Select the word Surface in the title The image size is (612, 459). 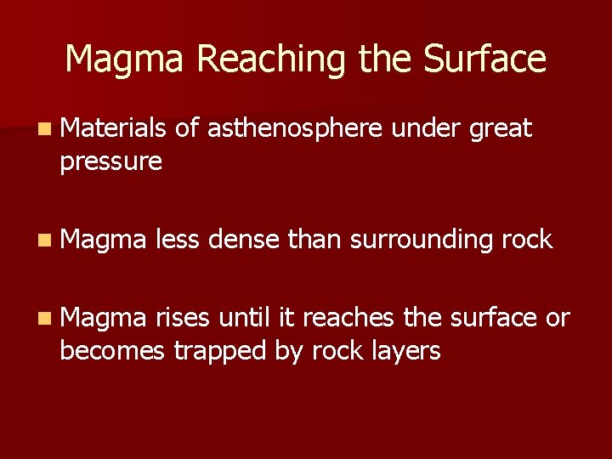click(x=484, y=59)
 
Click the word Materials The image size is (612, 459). click(x=114, y=128)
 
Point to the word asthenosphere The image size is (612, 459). click(x=293, y=128)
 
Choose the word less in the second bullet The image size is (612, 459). click(x=178, y=240)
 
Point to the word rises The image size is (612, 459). click(x=184, y=318)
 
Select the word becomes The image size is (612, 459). click(x=112, y=350)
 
